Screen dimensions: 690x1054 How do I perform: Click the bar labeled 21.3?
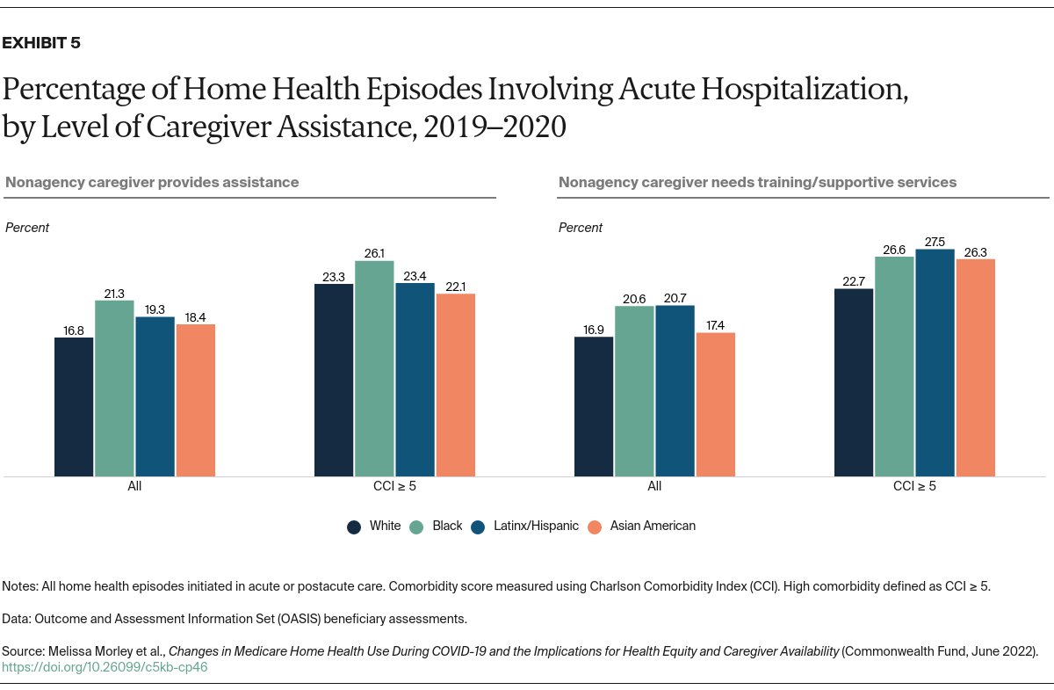point(114,389)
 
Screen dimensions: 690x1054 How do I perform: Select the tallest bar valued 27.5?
point(935,363)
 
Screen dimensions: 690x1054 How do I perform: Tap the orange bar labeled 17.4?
point(715,404)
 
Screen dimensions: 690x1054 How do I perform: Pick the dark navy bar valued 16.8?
point(74,407)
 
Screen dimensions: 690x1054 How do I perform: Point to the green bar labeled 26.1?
point(374,369)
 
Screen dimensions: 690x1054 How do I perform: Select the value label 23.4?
point(415,275)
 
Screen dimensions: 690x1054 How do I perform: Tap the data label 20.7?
point(675,298)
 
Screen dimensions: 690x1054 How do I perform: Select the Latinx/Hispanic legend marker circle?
point(478,527)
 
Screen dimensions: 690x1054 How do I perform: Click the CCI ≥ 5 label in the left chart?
point(394,486)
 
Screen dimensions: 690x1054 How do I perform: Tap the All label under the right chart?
point(654,486)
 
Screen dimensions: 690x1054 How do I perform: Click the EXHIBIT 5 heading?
point(41,43)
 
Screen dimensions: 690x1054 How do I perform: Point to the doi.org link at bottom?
point(105,667)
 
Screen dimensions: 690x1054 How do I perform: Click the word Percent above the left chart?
point(27,228)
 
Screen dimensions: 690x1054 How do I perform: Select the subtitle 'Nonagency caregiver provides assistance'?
point(152,183)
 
